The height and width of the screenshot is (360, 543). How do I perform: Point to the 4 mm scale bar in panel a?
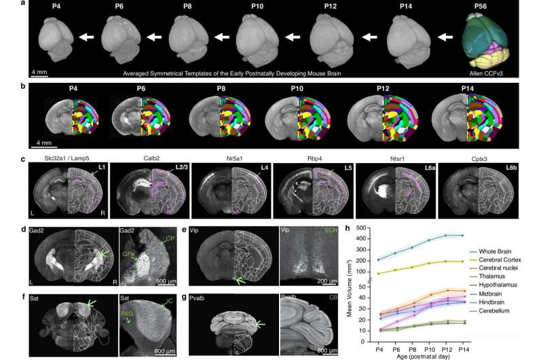(39, 70)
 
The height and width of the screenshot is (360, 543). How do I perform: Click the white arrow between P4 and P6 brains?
(86, 37)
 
